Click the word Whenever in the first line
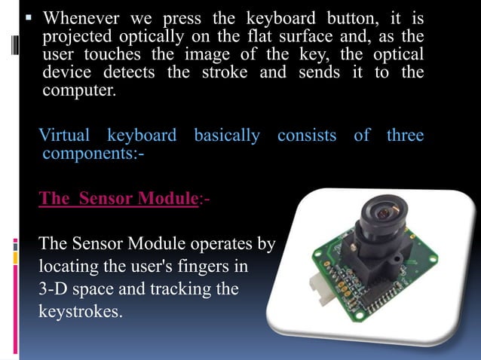[78, 17]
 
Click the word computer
[79, 92]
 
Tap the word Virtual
[64, 136]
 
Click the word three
[405, 136]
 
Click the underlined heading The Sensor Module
[118, 198]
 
